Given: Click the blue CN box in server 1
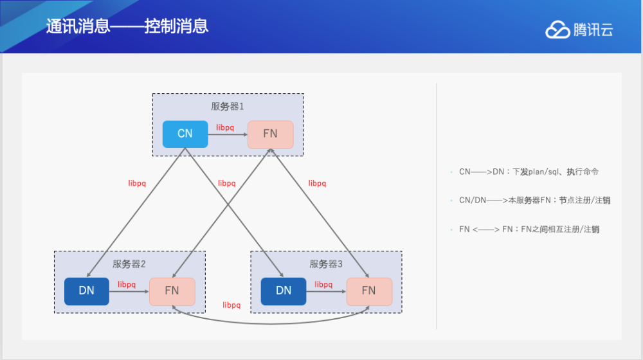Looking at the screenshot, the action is pyautogui.click(x=185, y=134).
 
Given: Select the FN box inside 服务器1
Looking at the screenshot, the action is pyautogui.click(x=271, y=134).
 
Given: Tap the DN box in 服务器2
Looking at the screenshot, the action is pyautogui.click(x=87, y=291).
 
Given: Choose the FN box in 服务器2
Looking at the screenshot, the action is pyautogui.click(x=172, y=291).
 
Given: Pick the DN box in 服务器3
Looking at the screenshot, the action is pyautogui.click(x=284, y=291).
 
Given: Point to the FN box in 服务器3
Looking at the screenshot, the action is pyautogui.click(x=369, y=291).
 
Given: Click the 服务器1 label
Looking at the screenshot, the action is pyautogui.click(x=228, y=107).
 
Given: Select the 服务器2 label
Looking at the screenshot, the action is pyautogui.click(x=129, y=264).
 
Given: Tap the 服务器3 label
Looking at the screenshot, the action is pyautogui.click(x=326, y=264).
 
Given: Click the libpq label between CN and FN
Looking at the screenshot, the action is pyautogui.click(x=225, y=127).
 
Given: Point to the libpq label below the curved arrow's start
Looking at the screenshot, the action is pyautogui.click(x=231, y=305).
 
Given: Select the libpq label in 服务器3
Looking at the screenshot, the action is pyautogui.click(x=323, y=285).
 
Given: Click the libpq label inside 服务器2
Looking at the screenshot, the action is pyautogui.click(x=127, y=285).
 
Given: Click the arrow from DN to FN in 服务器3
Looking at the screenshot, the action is pyautogui.click(x=327, y=291).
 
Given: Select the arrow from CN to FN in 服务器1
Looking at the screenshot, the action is pyautogui.click(x=228, y=134).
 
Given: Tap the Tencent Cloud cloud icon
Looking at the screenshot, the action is pyautogui.click(x=557, y=30).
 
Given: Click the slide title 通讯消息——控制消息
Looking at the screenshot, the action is pyautogui.click(x=127, y=26).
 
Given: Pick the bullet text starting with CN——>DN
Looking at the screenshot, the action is pyautogui.click(x=529, y=172).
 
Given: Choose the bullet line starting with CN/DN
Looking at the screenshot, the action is pyautogui.click(x=535, y=201).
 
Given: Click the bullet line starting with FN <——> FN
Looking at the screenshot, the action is pyautogui.click(x=529, y=230).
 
